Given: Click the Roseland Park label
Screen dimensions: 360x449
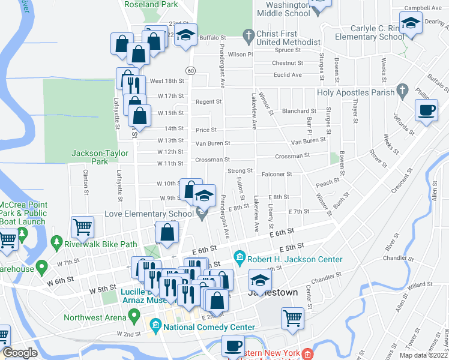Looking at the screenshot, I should pos(151,4).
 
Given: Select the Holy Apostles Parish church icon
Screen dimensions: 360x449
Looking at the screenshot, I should pos(402,92).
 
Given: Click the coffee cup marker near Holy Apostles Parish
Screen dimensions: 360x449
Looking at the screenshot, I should pos(427,110).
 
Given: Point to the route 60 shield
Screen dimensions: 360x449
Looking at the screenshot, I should pos(190,70).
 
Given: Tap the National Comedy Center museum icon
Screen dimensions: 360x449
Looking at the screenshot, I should pos(155,327).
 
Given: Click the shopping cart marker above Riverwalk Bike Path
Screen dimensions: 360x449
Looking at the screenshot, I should pos(82,227).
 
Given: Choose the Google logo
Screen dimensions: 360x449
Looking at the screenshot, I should pos(20,353).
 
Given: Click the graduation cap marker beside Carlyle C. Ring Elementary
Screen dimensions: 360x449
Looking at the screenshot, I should pos(411,24).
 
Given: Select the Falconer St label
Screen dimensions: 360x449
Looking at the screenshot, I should pos(277,174).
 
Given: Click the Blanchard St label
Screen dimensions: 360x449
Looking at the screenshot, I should pos(299,111).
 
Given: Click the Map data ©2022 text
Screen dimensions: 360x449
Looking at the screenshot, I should pos(424,355).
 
